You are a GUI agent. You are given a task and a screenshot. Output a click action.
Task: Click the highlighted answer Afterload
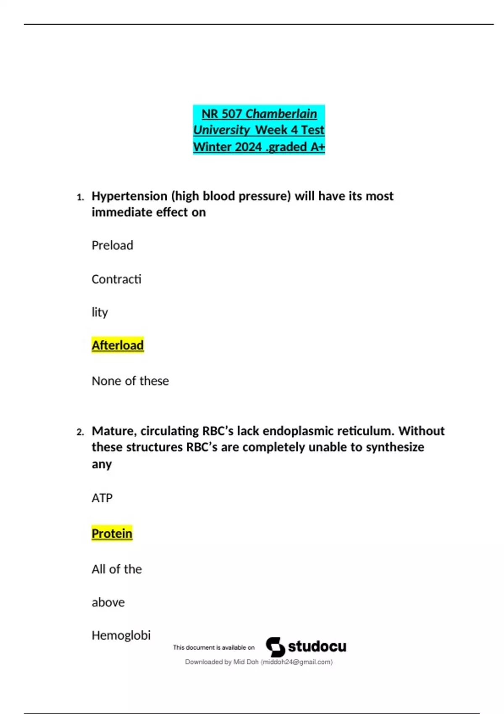[x=118, y=345]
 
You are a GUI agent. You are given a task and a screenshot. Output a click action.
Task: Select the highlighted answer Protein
[x=112, y=533]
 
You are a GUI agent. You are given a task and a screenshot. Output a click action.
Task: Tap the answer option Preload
[x=112, y=245]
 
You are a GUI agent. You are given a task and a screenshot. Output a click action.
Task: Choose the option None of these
[x=130, y=381]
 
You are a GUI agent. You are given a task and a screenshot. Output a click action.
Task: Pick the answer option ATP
[x=102, y=498]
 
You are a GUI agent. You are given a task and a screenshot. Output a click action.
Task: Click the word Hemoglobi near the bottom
[x=121, y=635]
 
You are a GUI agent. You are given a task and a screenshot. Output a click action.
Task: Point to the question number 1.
[x=80, y=197]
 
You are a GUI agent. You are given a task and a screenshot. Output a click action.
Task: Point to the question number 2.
[x=80, y=432]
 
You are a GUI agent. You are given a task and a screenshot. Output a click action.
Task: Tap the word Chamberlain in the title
[x=281, y=114]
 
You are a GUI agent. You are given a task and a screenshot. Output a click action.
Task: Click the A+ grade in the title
[x=318, y=147]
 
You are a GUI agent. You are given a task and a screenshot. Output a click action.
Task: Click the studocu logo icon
[x=275, y=647]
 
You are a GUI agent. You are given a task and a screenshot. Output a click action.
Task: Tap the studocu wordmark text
[x=317, y=647]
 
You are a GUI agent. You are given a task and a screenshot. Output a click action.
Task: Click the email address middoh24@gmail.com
[x=297, y=662]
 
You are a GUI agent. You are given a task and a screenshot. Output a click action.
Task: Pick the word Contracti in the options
[x=116, y=279]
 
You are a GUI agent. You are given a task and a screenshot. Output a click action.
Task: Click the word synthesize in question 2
[x=395, y=447]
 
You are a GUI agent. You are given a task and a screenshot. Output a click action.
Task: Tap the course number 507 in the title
[x=231, y=114]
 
